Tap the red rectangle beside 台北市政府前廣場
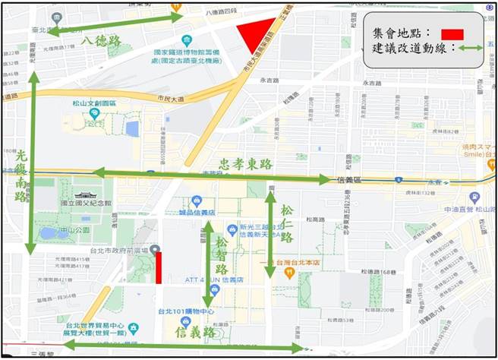159,268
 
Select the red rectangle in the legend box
452,34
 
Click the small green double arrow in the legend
471,48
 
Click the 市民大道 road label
170,99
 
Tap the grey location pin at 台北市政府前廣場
155,251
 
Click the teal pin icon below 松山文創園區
94,113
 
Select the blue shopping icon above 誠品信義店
197,201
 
